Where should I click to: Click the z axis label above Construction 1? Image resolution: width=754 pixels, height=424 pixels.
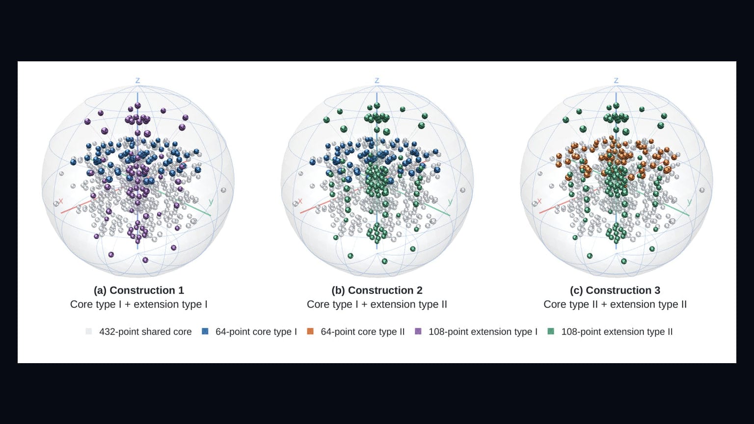[137, 80]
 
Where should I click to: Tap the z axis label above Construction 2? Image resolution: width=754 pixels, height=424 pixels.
[377, 80]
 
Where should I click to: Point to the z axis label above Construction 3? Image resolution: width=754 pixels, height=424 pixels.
[617, 80]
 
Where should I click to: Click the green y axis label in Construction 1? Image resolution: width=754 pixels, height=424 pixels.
[211, 202]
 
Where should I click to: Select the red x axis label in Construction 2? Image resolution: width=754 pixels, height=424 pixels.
[300, 201]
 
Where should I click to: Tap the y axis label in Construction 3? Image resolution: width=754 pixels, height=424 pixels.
[689, 202]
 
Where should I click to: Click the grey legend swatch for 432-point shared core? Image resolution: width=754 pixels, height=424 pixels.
[89, 331]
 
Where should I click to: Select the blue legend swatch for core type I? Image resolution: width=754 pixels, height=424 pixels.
[205, 331]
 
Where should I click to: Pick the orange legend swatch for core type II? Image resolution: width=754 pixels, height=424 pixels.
[310, 331]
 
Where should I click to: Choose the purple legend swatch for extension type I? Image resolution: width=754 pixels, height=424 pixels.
[418, 331]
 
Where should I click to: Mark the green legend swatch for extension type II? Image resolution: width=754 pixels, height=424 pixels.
[551, 331]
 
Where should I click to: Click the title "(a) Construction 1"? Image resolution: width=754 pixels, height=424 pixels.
[139, 291]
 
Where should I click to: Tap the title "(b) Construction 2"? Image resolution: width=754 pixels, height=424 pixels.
[377, 291]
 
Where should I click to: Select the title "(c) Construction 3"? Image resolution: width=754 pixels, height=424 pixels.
[615, 291]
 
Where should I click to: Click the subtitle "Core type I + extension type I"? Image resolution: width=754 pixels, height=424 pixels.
[139, 305]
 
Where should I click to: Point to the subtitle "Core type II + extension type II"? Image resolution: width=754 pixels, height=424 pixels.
[615, 305]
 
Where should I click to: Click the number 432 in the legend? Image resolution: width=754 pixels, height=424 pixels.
[108, 332]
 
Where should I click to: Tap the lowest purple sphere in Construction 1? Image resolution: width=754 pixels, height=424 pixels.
[145, 260]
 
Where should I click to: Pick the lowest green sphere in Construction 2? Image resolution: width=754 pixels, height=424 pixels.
[385, 261]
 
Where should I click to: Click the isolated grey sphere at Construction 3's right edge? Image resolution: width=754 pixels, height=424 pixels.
[702, 190]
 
